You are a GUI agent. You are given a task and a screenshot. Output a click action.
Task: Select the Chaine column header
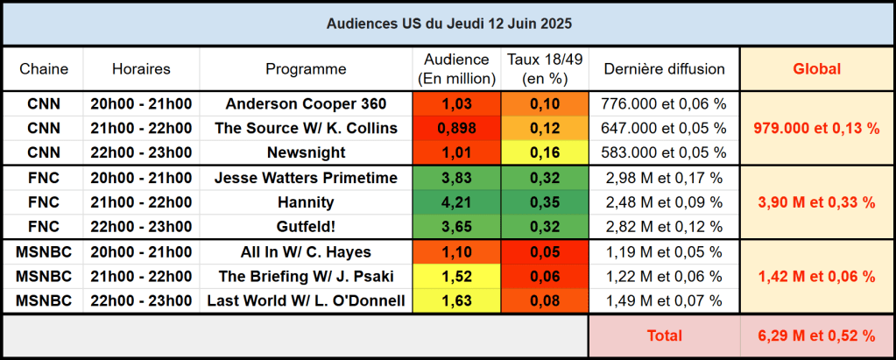click(43, 69)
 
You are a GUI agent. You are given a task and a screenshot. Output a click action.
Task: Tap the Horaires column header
click(141, 69)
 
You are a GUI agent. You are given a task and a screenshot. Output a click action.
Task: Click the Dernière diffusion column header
click(663, 69)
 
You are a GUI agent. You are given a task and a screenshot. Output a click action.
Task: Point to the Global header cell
click(816, 69)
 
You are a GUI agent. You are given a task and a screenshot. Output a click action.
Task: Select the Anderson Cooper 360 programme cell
click(306, 103)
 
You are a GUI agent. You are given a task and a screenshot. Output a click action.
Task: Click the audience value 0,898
click(455, 128)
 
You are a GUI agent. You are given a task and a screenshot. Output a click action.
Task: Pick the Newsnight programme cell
click(306, 152)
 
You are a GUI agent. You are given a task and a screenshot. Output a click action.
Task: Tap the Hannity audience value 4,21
click(455, 202)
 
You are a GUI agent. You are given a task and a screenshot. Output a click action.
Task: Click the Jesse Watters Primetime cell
click(306, 178)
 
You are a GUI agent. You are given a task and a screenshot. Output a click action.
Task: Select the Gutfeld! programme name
click(306, 227)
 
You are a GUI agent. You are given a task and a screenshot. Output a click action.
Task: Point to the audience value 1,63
click(455, 301)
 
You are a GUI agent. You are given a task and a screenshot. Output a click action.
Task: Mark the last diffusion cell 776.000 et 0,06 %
click(663, 103)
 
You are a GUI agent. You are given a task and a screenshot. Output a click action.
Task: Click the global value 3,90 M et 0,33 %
click(816, 202)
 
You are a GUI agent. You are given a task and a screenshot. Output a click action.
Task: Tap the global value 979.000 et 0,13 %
click(816, 128)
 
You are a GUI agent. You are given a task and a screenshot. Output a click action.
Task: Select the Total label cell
click(664, 335)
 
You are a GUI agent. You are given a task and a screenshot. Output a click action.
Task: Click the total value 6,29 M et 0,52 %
click(816, 335)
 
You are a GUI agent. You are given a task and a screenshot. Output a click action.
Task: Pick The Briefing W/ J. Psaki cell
click(306, 277)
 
